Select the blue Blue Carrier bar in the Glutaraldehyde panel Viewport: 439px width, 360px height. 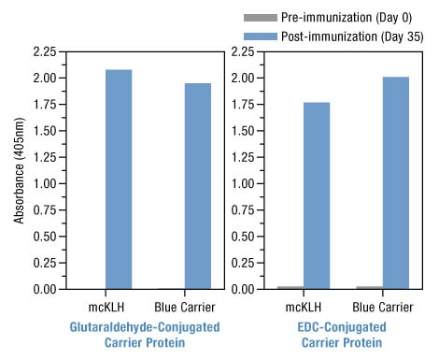coord(197,186)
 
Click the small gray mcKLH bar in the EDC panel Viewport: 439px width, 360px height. coord(290,287)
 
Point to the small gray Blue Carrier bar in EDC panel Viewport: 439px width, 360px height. coord(368,287)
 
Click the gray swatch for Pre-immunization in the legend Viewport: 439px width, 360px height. coord(259,18)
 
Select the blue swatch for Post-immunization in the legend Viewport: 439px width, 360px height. coord(259,35)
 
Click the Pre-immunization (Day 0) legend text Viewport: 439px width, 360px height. coord(341,18)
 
